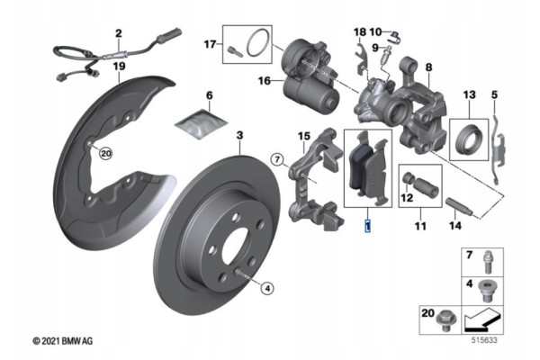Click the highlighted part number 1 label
(368, 226)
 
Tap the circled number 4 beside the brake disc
(267, 288)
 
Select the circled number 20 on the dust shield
(105, 153)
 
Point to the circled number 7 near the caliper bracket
(277, 159)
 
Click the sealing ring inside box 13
(468, 139)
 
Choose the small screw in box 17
(235, 51)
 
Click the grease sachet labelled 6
(201, 123)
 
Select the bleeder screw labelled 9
(386, 55)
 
